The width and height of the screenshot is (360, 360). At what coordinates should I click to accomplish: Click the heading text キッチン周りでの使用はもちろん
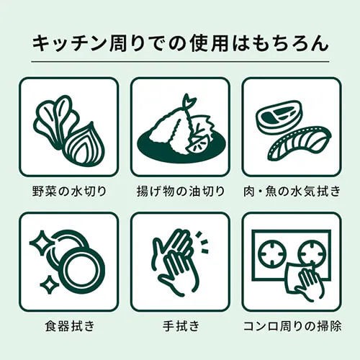180,43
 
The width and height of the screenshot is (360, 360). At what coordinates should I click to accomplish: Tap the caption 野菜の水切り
69,192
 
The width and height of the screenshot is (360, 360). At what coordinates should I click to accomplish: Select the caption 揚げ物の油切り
181,192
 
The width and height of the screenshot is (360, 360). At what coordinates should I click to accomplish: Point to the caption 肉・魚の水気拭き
292,192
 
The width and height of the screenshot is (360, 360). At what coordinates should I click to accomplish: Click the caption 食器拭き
70,326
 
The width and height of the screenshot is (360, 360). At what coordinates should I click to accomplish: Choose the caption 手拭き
181,326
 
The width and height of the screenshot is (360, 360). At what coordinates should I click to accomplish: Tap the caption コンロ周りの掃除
292,326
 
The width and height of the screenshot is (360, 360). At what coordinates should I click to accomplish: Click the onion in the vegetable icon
84,144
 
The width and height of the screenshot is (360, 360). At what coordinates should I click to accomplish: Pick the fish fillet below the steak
301,144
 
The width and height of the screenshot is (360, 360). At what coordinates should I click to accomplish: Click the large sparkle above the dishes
42,242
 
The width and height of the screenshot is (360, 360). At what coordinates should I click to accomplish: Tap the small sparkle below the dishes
50,285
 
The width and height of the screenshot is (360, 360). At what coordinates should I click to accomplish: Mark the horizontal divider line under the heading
180,62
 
